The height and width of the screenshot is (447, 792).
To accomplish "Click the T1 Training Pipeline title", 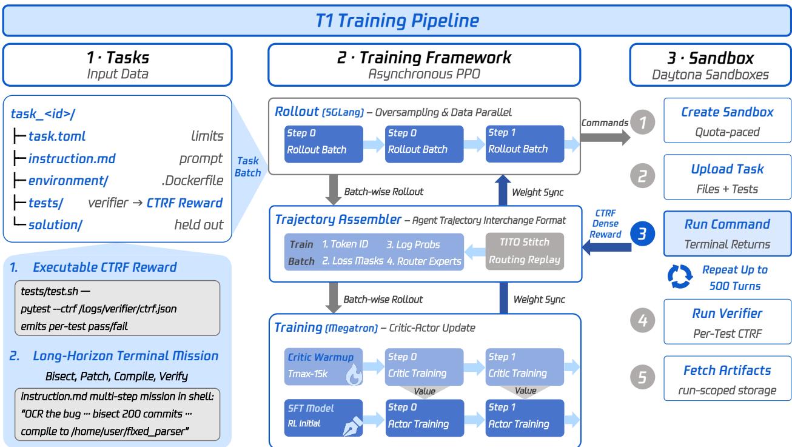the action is pos(397,21).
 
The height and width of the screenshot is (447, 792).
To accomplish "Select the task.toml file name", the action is pos(57,136).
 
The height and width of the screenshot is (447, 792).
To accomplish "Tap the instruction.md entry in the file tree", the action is pos(72,159).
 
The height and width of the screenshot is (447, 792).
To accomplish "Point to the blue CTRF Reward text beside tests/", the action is pos(184,203).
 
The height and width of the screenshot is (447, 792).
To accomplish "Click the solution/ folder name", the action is pos(55,225).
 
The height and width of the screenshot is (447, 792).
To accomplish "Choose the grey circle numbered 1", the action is pos(642,123).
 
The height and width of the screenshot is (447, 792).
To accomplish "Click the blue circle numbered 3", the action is pos(642,234).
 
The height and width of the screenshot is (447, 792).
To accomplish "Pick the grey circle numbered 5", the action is pos(642,377).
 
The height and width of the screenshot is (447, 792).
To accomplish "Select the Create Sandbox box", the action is pos(727,121).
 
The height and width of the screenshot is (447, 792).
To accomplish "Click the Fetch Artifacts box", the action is pos(727,378).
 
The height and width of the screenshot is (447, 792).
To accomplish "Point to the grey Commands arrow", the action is pos(605,138).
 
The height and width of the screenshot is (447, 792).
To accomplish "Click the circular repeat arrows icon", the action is pos(680,277).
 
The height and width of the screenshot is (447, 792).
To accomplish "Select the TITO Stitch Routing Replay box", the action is pos(525,251).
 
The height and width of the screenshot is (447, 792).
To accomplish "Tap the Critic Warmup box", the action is pos(323,367).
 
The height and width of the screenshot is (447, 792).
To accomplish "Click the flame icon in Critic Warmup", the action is pos(354,374).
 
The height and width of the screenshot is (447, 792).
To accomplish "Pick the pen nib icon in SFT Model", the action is pos(352,426).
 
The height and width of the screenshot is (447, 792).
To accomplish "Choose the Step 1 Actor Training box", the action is pos(525,418).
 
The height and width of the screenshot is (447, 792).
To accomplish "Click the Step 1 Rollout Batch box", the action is pos(525,144).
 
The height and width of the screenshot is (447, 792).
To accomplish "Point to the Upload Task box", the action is pos(727,177).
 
